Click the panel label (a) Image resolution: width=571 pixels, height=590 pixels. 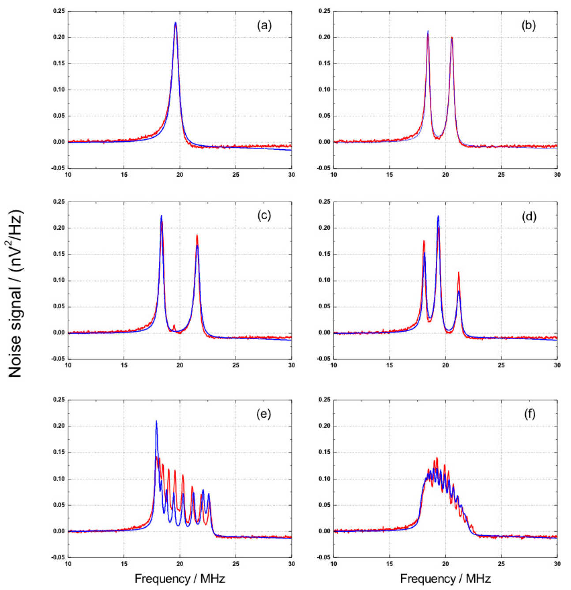264,25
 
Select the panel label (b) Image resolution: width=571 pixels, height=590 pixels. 528,25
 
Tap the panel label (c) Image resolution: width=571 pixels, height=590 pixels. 264,216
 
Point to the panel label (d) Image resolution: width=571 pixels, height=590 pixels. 528,216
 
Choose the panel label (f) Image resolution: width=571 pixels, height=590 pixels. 529,414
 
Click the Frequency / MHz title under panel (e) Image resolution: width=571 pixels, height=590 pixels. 180,579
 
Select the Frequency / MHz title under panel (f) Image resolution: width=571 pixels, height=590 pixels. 445,579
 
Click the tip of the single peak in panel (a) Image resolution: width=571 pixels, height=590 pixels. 176,23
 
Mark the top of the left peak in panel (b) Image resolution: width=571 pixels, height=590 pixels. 428,31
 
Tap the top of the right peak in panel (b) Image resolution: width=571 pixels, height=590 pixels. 452,38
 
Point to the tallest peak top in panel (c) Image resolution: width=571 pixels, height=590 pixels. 162,216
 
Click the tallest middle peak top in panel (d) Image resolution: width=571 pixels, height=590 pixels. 438,216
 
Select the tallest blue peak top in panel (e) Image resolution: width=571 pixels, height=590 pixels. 156,421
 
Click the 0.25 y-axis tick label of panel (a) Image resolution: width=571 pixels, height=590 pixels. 59,11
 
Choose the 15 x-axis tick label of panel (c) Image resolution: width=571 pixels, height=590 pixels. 124,366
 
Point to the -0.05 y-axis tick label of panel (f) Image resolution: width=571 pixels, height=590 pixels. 324,557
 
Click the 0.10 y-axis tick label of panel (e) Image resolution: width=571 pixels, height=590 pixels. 59,479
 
